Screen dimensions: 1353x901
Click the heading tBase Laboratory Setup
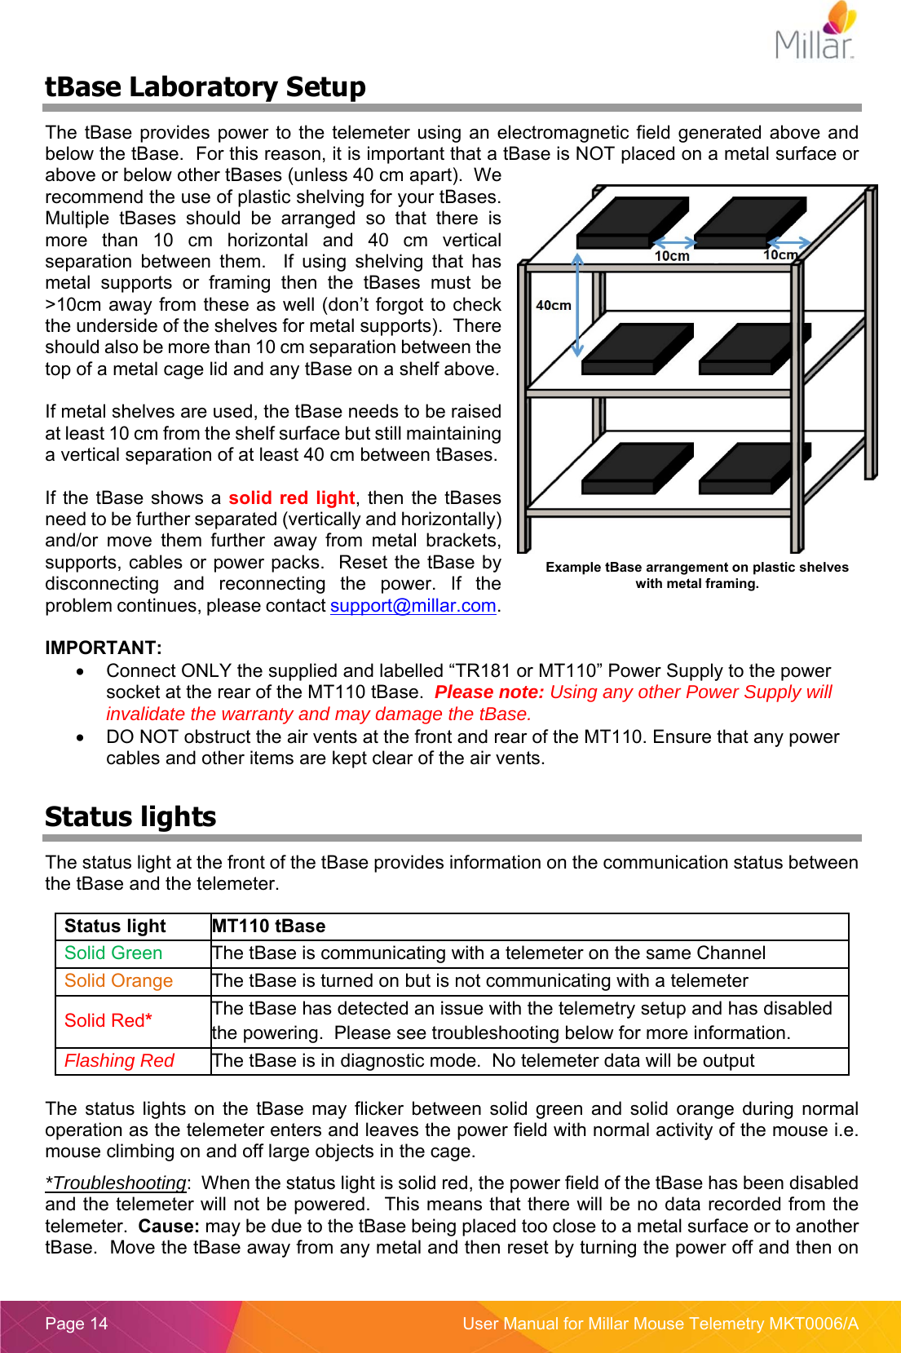(x=205, y=86)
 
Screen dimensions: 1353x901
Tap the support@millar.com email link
(x=413, y=606)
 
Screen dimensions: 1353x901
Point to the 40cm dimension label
(x=553, y=305)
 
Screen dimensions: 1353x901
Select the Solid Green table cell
(x=113, y=953)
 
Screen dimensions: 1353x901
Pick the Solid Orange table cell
(x=118, y=981)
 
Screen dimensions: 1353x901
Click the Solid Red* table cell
(x=108, y=1021)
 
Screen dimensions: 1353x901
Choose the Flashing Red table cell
(x=119, y=1061)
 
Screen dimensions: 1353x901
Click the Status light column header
(x=115, y=926)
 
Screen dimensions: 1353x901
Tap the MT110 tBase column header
(x=268, y=926)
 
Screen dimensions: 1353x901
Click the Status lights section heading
(x=130, y=816)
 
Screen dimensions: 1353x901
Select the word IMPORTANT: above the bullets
(x=104, y=648)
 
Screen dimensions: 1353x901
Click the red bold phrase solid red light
(x=291, y=498)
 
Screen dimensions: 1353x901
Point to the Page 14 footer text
(x=77, y=1324)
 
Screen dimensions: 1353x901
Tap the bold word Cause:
(x=169, y=1227)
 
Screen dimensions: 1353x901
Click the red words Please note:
(x=488, y=692)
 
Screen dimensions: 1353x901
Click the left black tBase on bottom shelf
(x=636, y=469)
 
